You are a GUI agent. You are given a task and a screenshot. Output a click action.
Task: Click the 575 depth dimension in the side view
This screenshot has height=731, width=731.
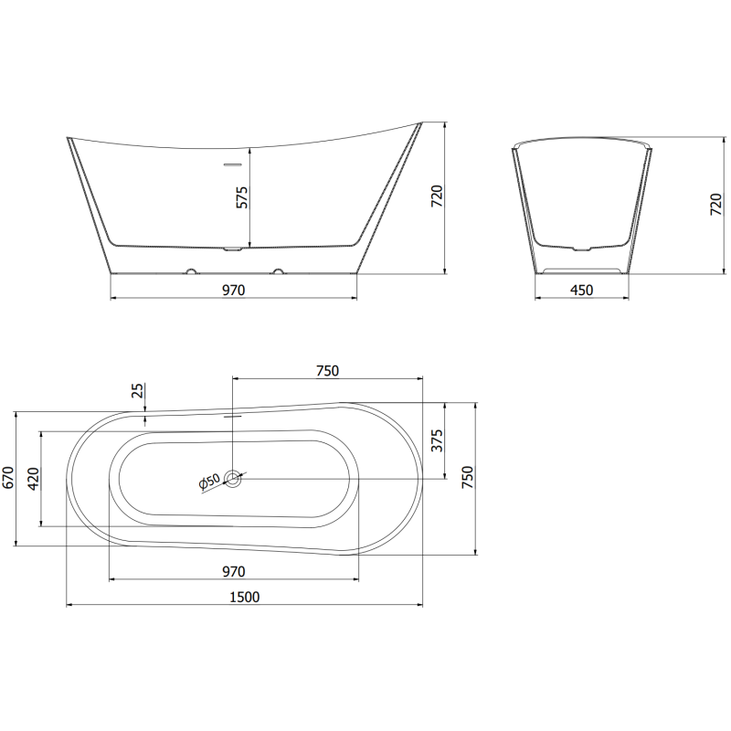tap(242, 196)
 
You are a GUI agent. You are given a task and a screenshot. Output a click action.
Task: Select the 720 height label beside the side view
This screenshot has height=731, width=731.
tap(437, 196)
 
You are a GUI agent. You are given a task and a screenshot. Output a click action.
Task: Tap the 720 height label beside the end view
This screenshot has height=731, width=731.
tap(715, 205)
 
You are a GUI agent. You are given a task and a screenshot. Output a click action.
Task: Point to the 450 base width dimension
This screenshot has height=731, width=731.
tap(581, 291)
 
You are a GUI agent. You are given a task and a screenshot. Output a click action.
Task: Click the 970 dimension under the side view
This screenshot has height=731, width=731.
tap(233, 291)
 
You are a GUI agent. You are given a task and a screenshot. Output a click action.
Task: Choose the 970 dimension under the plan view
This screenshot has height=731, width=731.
tap(233, 572)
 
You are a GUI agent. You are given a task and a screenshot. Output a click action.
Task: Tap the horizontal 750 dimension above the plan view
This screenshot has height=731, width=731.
tap(327, 370)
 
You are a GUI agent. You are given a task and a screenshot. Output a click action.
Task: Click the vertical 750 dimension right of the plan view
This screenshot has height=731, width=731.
tap(468, 478)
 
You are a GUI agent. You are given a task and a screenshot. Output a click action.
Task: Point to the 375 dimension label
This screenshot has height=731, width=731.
tap(437, 440)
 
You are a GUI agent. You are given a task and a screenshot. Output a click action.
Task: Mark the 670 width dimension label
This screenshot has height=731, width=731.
tap(8, 479)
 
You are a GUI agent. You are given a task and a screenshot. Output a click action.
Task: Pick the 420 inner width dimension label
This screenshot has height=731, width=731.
tap(34, 479)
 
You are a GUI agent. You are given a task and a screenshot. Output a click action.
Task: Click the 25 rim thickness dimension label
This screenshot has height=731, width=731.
tap(137, 391)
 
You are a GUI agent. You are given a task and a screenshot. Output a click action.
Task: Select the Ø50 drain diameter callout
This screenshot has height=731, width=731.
tap(209, 482)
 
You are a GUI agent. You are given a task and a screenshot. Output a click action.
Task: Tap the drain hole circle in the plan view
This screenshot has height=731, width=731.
tap(233, 477)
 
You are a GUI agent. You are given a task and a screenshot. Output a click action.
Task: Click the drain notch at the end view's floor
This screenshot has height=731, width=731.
tap(581, 248)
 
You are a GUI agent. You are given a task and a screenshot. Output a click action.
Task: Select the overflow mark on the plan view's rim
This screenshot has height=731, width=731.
tap(233, 413)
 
